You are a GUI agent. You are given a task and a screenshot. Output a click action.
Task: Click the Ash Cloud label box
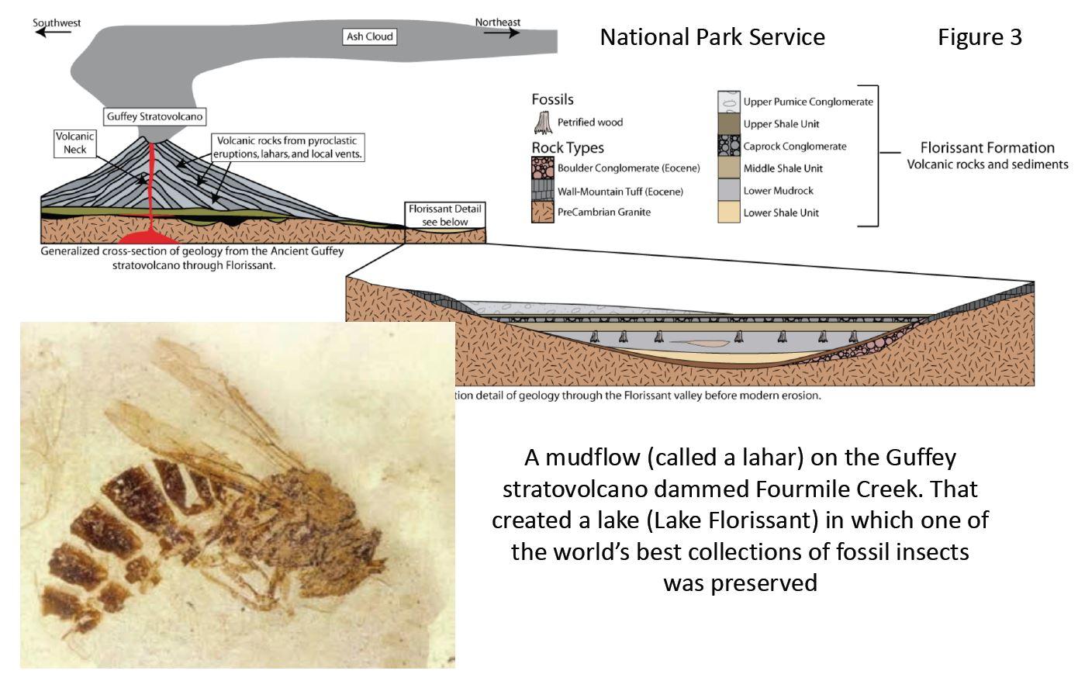pyautogui.click(x=369, y=36)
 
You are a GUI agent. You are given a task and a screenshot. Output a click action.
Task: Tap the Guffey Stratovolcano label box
pyautogui.click(x=155, y=117)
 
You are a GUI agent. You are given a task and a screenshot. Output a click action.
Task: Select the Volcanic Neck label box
pyautogui.click(x=75, y=143)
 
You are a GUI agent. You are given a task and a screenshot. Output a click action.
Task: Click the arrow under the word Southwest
pyautogui.click(x=55, y=33)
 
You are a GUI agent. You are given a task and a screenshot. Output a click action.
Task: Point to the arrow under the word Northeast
pyautogui.click(x=500, y=33)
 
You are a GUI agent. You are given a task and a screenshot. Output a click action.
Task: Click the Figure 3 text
pyautogui.click(x=980, y=37)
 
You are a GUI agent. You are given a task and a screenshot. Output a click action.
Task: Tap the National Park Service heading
pyautogui.click(x=712, y=37)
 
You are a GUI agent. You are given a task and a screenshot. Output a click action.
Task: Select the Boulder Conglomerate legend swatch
pyautogui.click(x=542, y=168)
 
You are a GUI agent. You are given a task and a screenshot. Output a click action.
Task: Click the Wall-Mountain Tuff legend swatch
pyautogui.click(x=542, y=191)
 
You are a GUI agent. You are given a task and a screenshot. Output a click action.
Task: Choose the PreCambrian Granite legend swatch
pyautogui.click(x=542, y=212)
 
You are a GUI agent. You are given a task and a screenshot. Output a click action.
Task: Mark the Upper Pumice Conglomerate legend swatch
pyautogui.click(x=727, y=102)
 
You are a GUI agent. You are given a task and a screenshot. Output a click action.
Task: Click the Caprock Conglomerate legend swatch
pyautogui.click(x=727, y=146)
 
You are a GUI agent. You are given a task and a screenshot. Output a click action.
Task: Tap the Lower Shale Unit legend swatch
pyautogui.click(x=727, y=213)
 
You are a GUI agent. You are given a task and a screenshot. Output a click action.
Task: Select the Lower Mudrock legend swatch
pyautogui.click(x=727, y=190)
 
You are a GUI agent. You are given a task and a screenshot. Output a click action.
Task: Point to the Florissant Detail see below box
pyautogui.click(x=445, y=215)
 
